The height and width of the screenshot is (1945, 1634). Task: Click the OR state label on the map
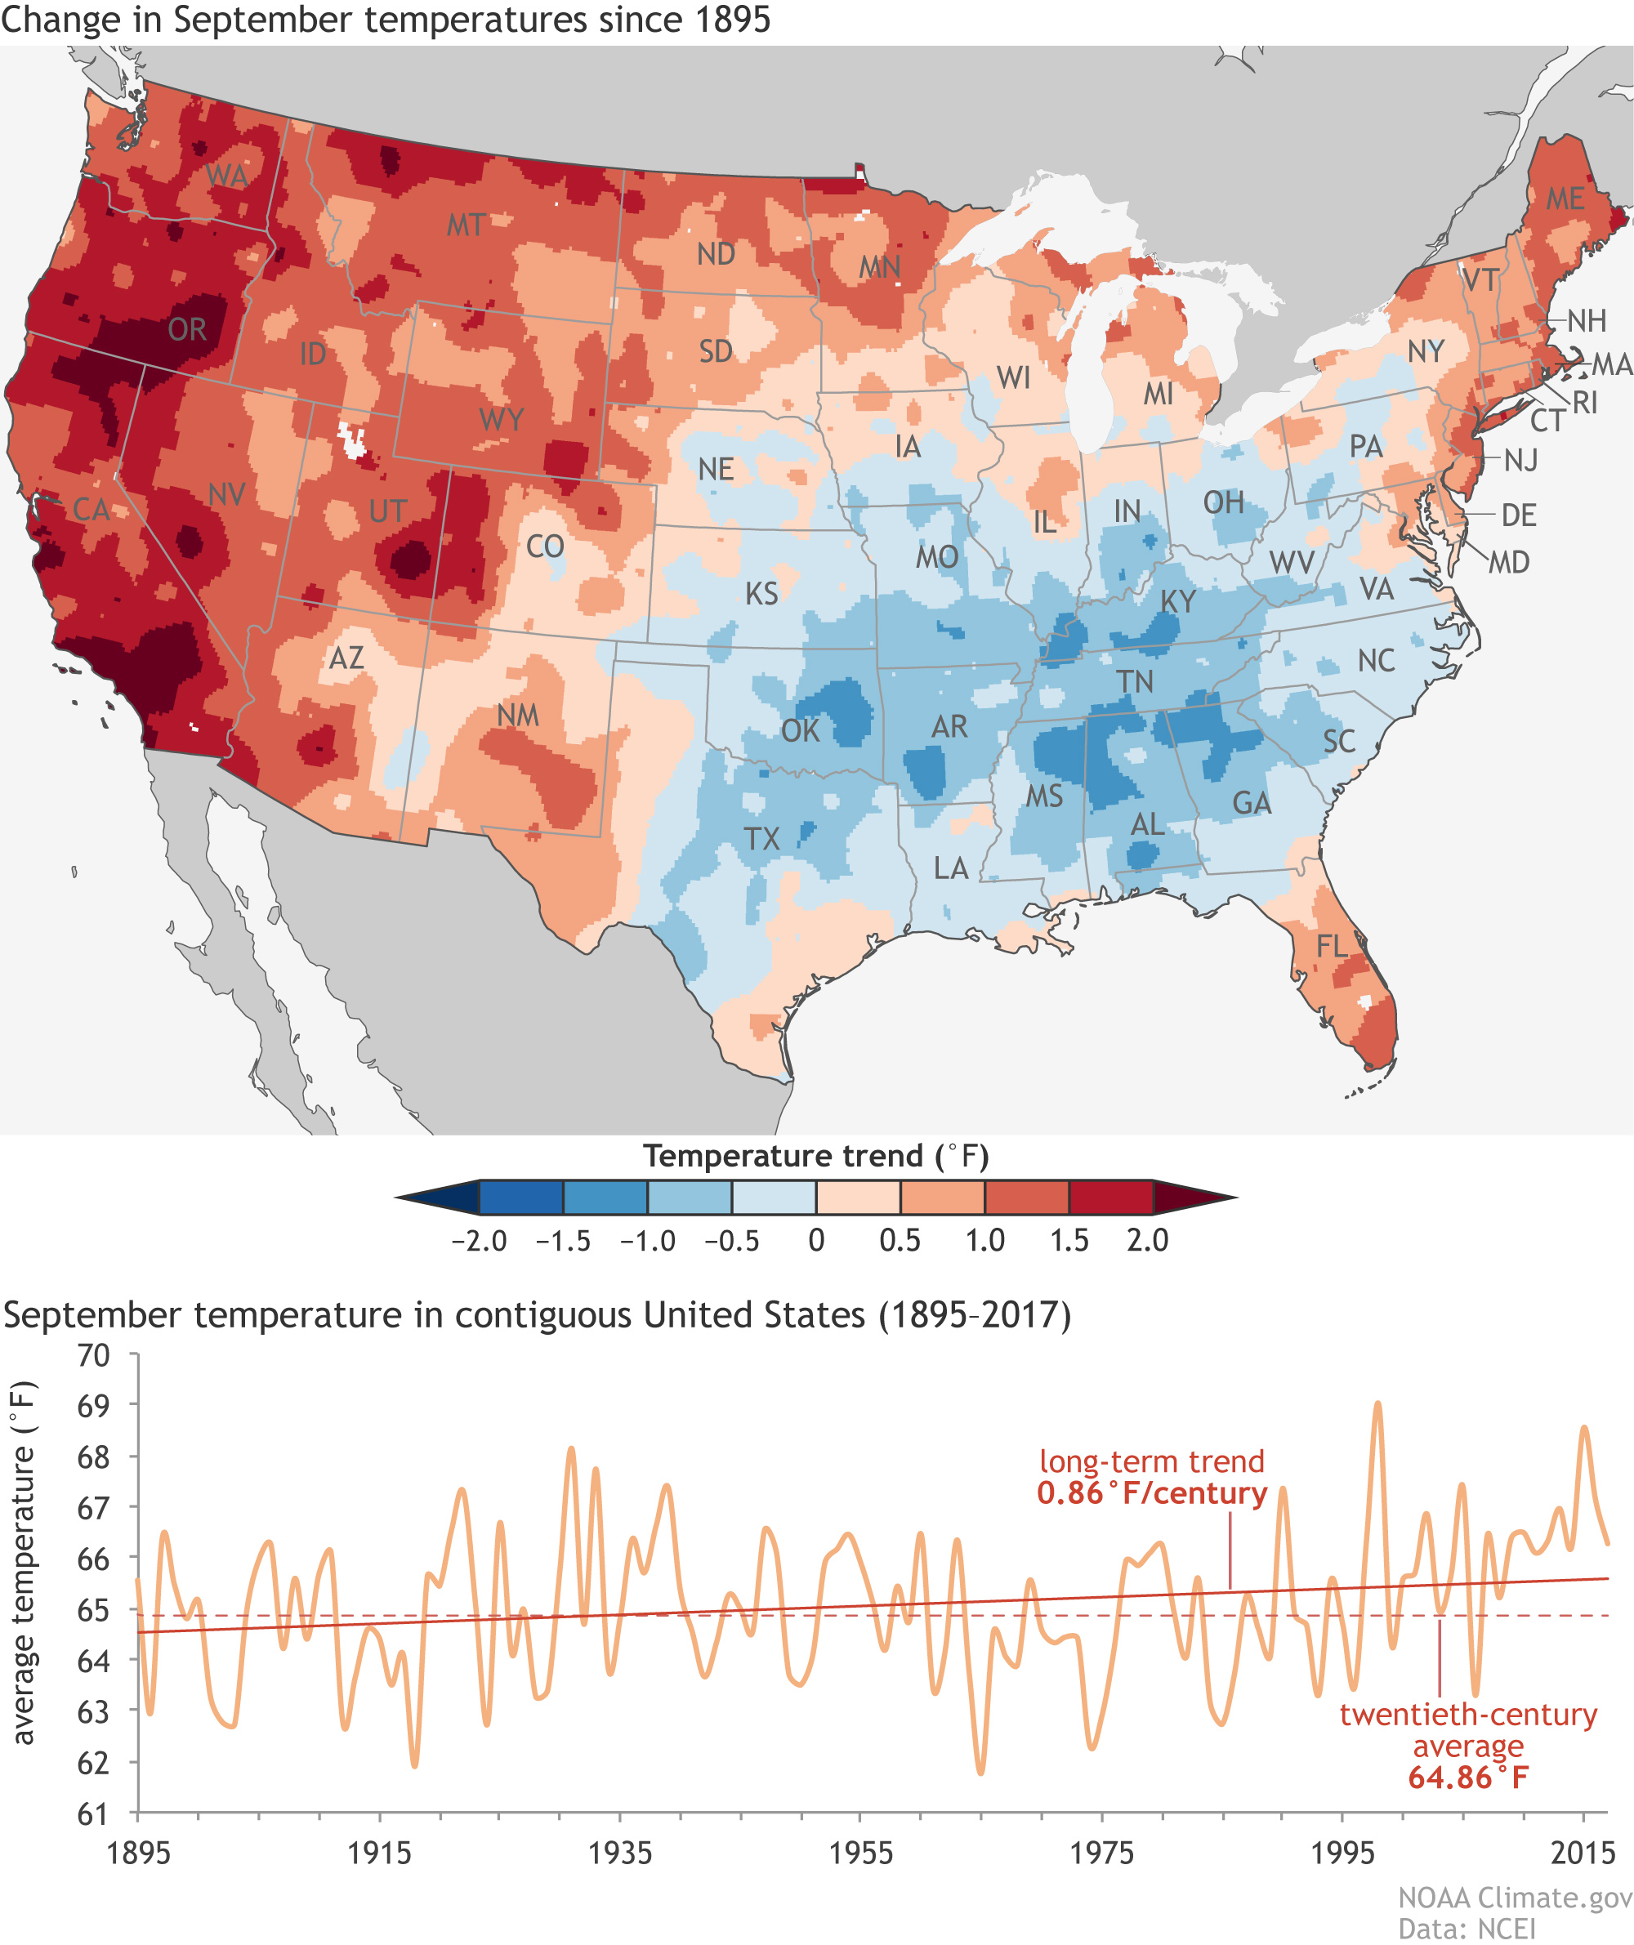[187, 330]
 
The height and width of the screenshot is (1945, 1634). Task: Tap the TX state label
[761, 839]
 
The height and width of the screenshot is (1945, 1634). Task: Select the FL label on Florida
[1331, 946]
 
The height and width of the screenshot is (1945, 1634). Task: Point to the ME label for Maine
[1565, 199]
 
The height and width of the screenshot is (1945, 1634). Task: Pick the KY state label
[1178, 602]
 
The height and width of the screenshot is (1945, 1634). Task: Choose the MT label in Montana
[465, 225]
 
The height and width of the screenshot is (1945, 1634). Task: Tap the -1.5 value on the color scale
[562, 1241]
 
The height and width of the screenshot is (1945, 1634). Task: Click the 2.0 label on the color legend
[1147, 1241]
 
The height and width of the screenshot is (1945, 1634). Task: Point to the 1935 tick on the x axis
[620, 1854]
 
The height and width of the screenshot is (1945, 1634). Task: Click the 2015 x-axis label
[1583, 1854]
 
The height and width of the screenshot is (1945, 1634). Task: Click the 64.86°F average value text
[1468, 1778]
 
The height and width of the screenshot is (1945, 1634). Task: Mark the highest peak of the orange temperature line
[1378, 1403]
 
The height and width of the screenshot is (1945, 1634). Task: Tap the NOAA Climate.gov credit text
[1515, 1898]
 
